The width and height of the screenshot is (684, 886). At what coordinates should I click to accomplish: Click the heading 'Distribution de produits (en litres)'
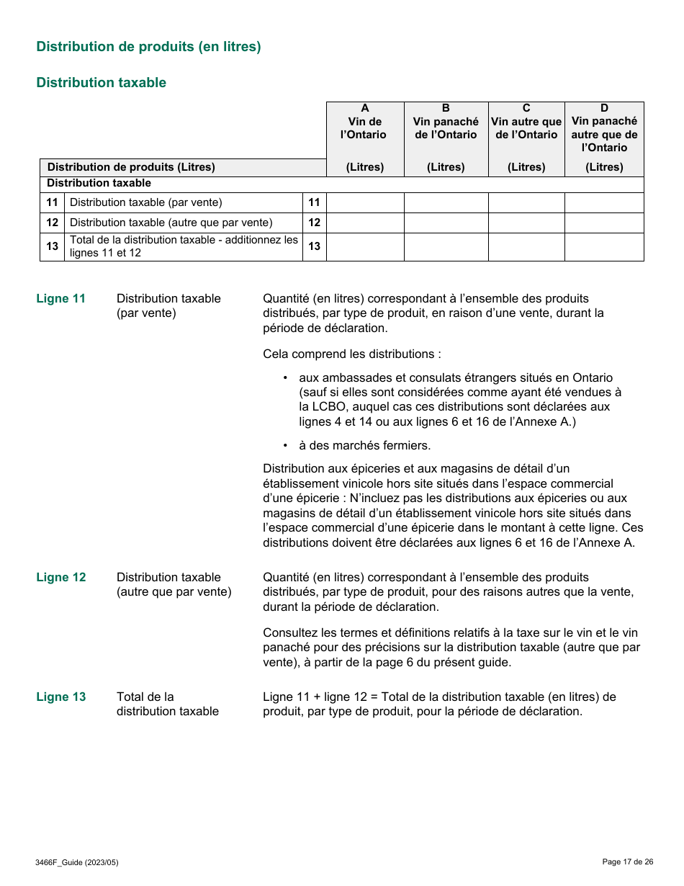click(x=148, y=47)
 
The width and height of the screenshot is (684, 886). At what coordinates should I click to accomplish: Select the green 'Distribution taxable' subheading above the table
click(x=101, y=83)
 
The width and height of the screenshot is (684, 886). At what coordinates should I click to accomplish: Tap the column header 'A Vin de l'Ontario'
click(x=365, y=122)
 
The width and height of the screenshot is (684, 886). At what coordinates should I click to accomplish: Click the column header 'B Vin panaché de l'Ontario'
click(x=446, y=122)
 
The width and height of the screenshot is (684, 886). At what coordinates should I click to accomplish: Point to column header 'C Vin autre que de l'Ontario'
click(x=526, y=122)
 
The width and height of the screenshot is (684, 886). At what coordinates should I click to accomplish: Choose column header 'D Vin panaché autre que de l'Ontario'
click(x=604, y=127)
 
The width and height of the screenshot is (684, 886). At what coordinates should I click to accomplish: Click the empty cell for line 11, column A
click(x=365, y=202)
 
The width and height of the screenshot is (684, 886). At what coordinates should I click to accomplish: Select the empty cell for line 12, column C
click(x=526, y=223)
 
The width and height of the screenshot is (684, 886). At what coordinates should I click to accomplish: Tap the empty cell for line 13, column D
click(x=604, y=246)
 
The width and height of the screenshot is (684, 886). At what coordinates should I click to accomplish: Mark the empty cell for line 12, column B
click(x=446, y=223)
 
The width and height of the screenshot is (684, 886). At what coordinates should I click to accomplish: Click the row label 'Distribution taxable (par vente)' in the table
click(x=146, y=202)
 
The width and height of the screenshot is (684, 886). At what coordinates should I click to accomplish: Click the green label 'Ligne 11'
click(x=61, y=299)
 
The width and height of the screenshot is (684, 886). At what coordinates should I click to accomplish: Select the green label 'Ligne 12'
click(x=61, y=578)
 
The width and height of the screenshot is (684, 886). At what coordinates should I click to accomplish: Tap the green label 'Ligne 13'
click(x=61, y=697)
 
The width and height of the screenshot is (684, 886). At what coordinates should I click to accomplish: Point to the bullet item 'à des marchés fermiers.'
click(x=365, y=445)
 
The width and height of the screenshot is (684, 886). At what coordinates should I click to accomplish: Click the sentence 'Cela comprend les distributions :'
click(x=351, y=354)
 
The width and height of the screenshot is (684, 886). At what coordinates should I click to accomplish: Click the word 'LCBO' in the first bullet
click(x=325, y=407)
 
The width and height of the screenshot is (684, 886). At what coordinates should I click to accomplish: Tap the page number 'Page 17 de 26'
click(x=627, y=862)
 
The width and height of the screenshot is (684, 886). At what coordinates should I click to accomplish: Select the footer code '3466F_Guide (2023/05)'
click(x=76, y=862)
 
